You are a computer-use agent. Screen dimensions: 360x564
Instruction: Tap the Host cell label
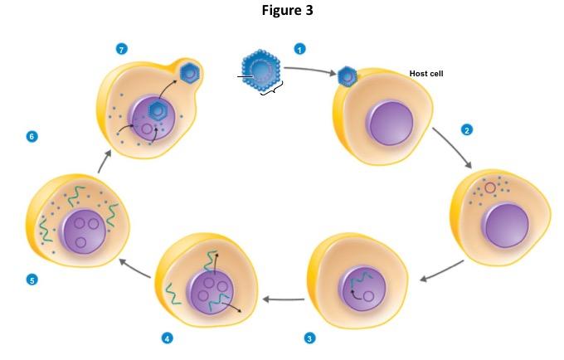pos(426,74)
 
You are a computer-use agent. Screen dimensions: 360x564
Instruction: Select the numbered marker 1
pos(300,49)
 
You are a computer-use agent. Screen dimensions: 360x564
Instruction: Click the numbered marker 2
pos(467,130)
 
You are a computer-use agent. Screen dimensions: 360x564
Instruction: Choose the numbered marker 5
pos(32,280)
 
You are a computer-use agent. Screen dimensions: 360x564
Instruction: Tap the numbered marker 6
pos(32,135)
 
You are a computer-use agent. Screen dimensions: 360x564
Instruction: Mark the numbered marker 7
pos(122,50)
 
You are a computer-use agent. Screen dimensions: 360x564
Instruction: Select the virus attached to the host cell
pos(348,77)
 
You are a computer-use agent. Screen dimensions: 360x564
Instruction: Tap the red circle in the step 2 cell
pos(490,188)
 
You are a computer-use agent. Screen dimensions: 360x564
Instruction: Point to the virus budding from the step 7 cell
pos(191,74)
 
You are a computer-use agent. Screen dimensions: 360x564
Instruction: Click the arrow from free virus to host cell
pos(309,70)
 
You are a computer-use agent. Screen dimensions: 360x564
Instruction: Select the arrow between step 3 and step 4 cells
pos(283,298)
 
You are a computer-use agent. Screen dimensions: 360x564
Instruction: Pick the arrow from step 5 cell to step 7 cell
pos(103,161)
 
